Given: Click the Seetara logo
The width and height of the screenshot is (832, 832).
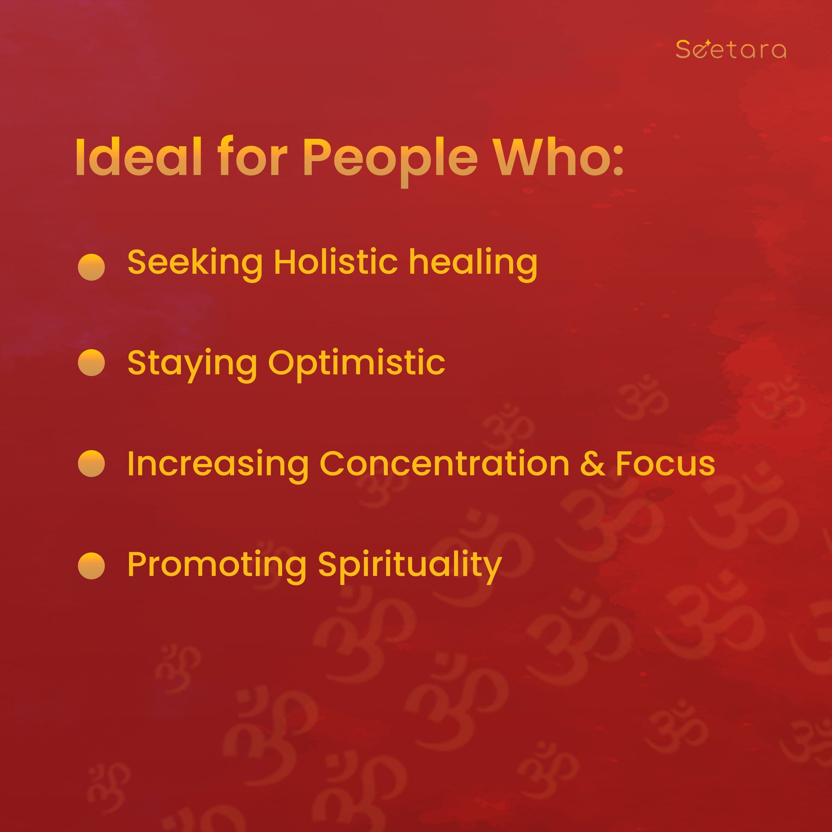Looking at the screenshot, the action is pos(731,49).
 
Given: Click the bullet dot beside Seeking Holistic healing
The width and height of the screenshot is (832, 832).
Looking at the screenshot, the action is pos(91,267).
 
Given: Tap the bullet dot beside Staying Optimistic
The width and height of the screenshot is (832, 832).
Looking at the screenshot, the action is pos(91,363).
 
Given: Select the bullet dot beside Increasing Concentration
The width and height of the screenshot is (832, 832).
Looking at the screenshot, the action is pos(91,463).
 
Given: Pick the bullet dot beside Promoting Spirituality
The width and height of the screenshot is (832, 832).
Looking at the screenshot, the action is pos(91,565).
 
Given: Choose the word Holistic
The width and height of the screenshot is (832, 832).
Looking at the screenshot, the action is pos(336,262).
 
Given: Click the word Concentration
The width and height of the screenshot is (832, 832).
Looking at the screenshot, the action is pos(444,463).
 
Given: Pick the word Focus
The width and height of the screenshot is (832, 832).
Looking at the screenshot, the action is pos(665,463).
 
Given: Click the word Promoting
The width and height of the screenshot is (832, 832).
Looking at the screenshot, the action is pos(217,567).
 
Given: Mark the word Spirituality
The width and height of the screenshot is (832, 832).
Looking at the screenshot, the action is pos(410,567).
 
